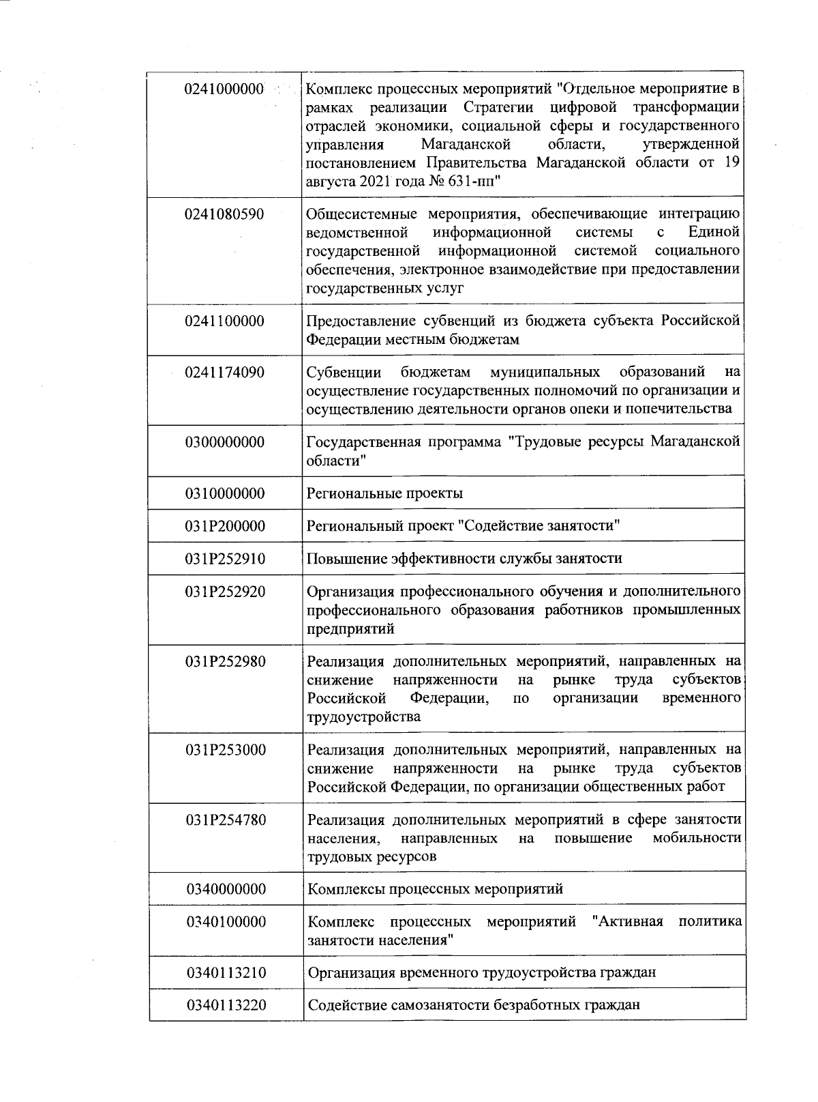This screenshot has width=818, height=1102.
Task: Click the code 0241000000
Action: pyautogui.click(x=224, y=89)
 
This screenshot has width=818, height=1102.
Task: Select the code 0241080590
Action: pyautogui.click(x=224, y=214)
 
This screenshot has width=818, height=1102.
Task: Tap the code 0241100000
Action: pyautogui.click(x=224, y=321)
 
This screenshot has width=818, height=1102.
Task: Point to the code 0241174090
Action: pyautogui.click(x=224, y=373)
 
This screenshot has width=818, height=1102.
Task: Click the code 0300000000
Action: pyautogui.click(x=224, y=442)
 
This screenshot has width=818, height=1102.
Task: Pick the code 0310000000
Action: pyautogui.click(x=224, y=493)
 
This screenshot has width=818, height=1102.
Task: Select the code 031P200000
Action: pyautogui.click(x=224, y=526)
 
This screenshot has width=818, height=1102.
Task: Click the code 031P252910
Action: pyautogui.click(x=224, y=559)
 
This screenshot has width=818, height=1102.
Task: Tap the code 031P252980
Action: pyautogui.click(x=224, y=662)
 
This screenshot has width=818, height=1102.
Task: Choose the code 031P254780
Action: pyautogui.click(x=224, y=820)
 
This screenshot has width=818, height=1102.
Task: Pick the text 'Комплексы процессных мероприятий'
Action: pyautogui.click(x=435, y=889)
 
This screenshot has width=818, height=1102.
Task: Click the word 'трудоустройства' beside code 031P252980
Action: pyautogui.click(x=363, y=717)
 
